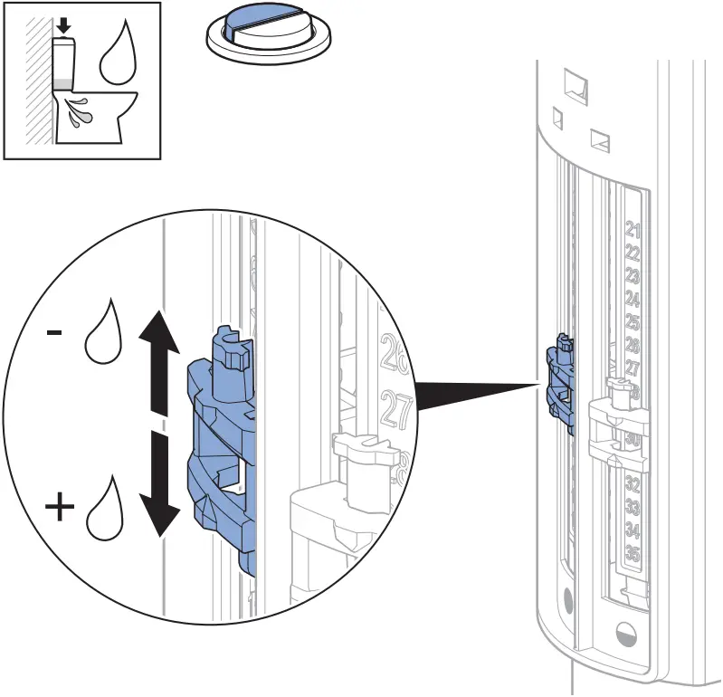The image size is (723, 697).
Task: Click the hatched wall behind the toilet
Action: pos(38,81)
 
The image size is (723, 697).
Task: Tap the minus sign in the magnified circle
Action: pos(55,332)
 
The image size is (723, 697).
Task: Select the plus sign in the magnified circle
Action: pos(61,507)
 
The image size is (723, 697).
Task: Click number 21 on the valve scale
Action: pos(633,229)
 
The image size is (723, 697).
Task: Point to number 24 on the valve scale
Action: pos(633,299)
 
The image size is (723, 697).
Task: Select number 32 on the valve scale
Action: pos(633,484)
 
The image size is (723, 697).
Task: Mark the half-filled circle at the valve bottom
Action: pos(623,631)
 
